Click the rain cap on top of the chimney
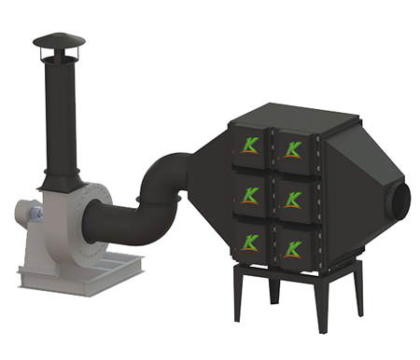60,40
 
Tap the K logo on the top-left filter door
249,145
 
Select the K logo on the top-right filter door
293,150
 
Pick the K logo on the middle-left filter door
249,196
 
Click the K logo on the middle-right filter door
293,200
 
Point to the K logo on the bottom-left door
249,242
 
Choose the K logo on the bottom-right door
293,250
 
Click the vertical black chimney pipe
60,115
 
